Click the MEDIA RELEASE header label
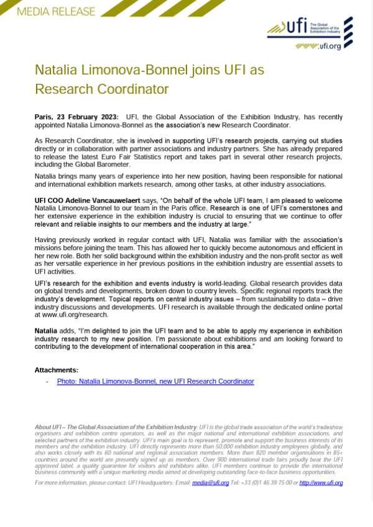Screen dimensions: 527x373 tap(56, 11)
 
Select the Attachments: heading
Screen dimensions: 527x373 tap(56, 370)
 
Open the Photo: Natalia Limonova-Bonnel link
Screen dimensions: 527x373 tap(155, 381)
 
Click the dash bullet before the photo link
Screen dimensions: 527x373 tap(47, 381)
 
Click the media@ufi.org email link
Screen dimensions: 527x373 tap(210, 482)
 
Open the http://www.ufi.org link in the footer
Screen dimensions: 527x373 tap(321, 482)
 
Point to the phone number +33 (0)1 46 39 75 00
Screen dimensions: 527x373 tap(268, 482)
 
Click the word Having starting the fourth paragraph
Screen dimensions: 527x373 tap(48, 240)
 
